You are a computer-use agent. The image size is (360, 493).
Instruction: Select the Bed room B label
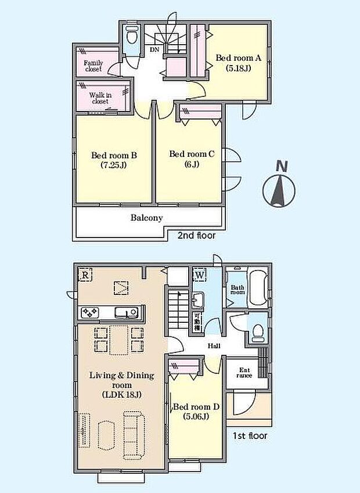pos(113,160)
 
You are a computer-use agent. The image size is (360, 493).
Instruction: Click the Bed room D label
pos(196,411)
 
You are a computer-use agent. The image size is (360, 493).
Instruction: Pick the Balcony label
pos(146,218)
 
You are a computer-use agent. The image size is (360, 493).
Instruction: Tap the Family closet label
pos(93,66)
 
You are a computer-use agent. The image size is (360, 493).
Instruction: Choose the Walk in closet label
pos(100,97)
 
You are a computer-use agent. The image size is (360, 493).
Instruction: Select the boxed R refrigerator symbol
pos(85,274)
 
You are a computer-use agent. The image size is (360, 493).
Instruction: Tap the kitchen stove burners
pos(91,312)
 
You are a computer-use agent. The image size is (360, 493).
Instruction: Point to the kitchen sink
pos(126,312)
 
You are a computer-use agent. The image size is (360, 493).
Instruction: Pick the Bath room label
pos(237,290)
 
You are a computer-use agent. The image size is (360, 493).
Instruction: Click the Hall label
pos(214,346)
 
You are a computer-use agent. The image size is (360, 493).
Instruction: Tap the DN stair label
pos(154,50)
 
